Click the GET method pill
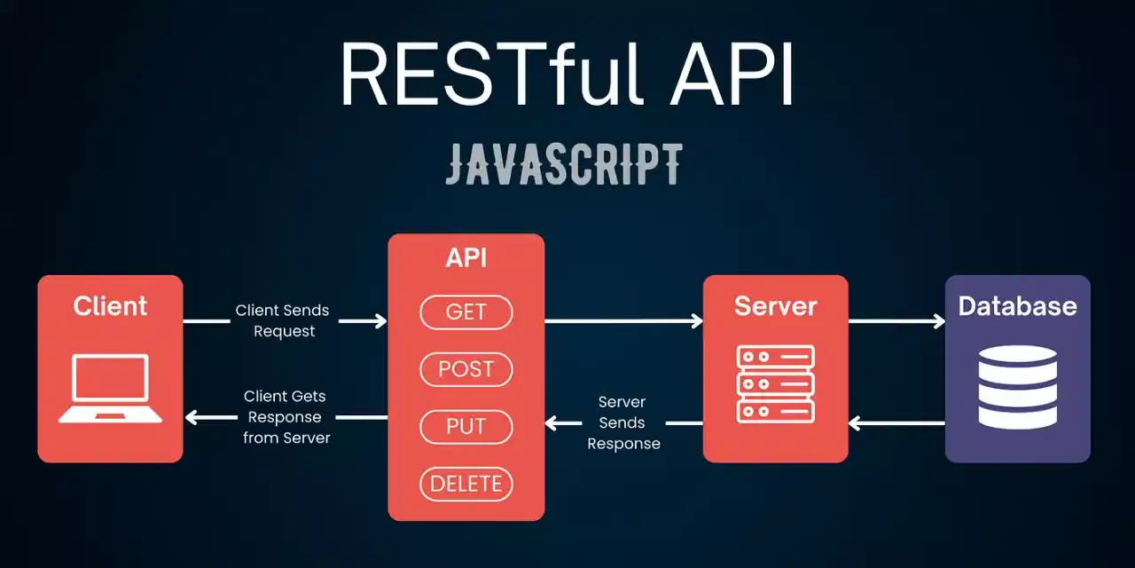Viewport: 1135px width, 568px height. tap(466, 312)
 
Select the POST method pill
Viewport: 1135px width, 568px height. tap(466, 369)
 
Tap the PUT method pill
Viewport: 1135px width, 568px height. tap(466, 427)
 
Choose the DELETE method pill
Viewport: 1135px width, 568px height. tap(466, 484)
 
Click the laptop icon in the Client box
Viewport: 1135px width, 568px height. tap(110, 389)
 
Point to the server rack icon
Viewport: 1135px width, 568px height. tap(775, 384)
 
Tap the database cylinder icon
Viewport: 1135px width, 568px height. tap(1017, 387)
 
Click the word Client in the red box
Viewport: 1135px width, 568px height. tap(110, 306)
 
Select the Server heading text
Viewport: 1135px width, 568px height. tap(775, 306)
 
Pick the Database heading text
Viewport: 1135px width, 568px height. tap(1017, 306)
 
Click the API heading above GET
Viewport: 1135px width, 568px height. tap(466, 258)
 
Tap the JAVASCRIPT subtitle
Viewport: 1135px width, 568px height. tap(564, 164)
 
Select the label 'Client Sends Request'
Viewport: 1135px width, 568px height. tap(283, 320)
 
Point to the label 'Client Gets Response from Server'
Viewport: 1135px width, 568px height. tap(286, 417)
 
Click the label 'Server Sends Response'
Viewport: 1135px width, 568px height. tap(623, 423)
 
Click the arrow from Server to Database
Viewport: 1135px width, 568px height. tap(896, 321)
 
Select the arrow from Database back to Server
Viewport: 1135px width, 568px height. tap(896, 423)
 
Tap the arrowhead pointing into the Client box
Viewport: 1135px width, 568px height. tap(192, 417)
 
